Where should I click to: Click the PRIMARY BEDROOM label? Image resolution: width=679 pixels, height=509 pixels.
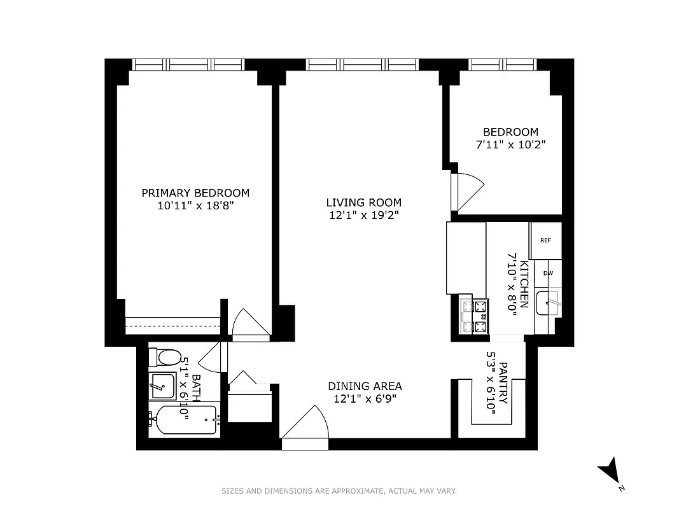195,193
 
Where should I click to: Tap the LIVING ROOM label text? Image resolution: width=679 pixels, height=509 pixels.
363,203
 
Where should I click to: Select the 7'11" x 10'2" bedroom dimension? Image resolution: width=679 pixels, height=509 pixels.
511,144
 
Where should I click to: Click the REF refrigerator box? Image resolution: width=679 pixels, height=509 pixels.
545,241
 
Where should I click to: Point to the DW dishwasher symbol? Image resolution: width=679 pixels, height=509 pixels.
548,274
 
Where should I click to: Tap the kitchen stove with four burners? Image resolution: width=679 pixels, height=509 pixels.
473,317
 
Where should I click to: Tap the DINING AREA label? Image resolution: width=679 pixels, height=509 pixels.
365,386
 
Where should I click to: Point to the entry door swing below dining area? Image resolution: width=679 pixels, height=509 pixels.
306,425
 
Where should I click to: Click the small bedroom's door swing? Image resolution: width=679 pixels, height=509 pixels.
467,192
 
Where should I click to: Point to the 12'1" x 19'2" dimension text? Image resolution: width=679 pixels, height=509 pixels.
363,215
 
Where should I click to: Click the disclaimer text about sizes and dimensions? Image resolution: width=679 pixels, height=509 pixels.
339,491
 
